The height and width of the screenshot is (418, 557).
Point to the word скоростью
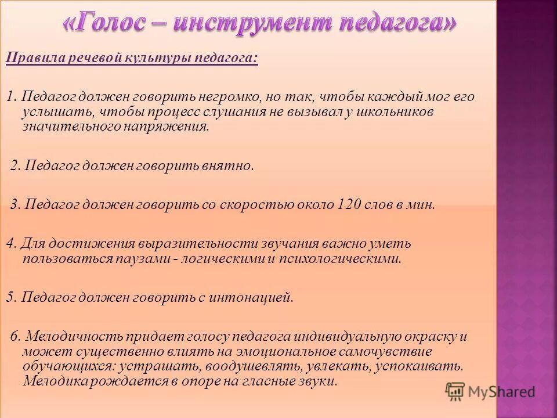[x=262, y=205]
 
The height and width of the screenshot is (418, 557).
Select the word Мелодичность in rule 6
[x=67, y=337]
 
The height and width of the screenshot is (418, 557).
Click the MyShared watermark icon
[x=455, y=392]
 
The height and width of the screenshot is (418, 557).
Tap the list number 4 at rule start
[x=9, y=244]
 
